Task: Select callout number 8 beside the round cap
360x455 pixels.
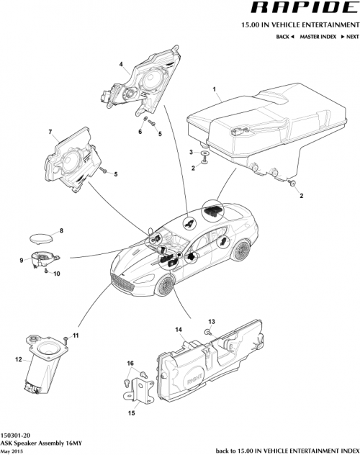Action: click(61, 230)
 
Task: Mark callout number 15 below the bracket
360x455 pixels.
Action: click(131, 413)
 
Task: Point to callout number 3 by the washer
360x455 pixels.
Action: click(192, 153)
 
